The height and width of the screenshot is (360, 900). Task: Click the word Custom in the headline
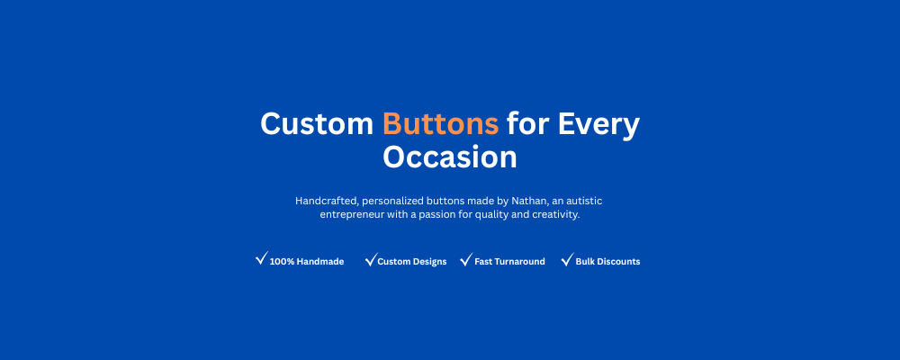click(x=317, y=123)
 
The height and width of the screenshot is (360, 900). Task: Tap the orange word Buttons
click(x=441, y=123)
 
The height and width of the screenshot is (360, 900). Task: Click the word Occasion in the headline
click(x=450, y=157)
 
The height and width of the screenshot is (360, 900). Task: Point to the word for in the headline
click(x=528, y=123)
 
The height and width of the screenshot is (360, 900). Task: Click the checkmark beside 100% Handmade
click(x=262, y=258)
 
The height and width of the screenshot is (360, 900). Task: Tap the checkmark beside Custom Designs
click(x=372, y=259)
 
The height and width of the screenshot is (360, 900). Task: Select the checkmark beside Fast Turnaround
click(x=466, y=259)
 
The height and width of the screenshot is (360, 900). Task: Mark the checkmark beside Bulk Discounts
click(x=567, y=259)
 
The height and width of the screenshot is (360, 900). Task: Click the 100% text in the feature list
click(x=282, y=262)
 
